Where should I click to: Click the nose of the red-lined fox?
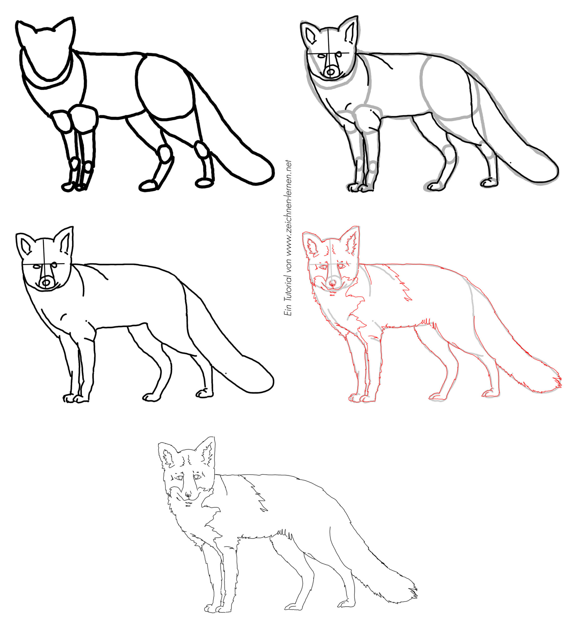point(332,283)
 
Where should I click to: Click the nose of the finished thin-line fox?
point(188,494)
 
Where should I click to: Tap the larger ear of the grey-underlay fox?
point(349,31)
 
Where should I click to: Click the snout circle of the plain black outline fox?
point(46,283)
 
